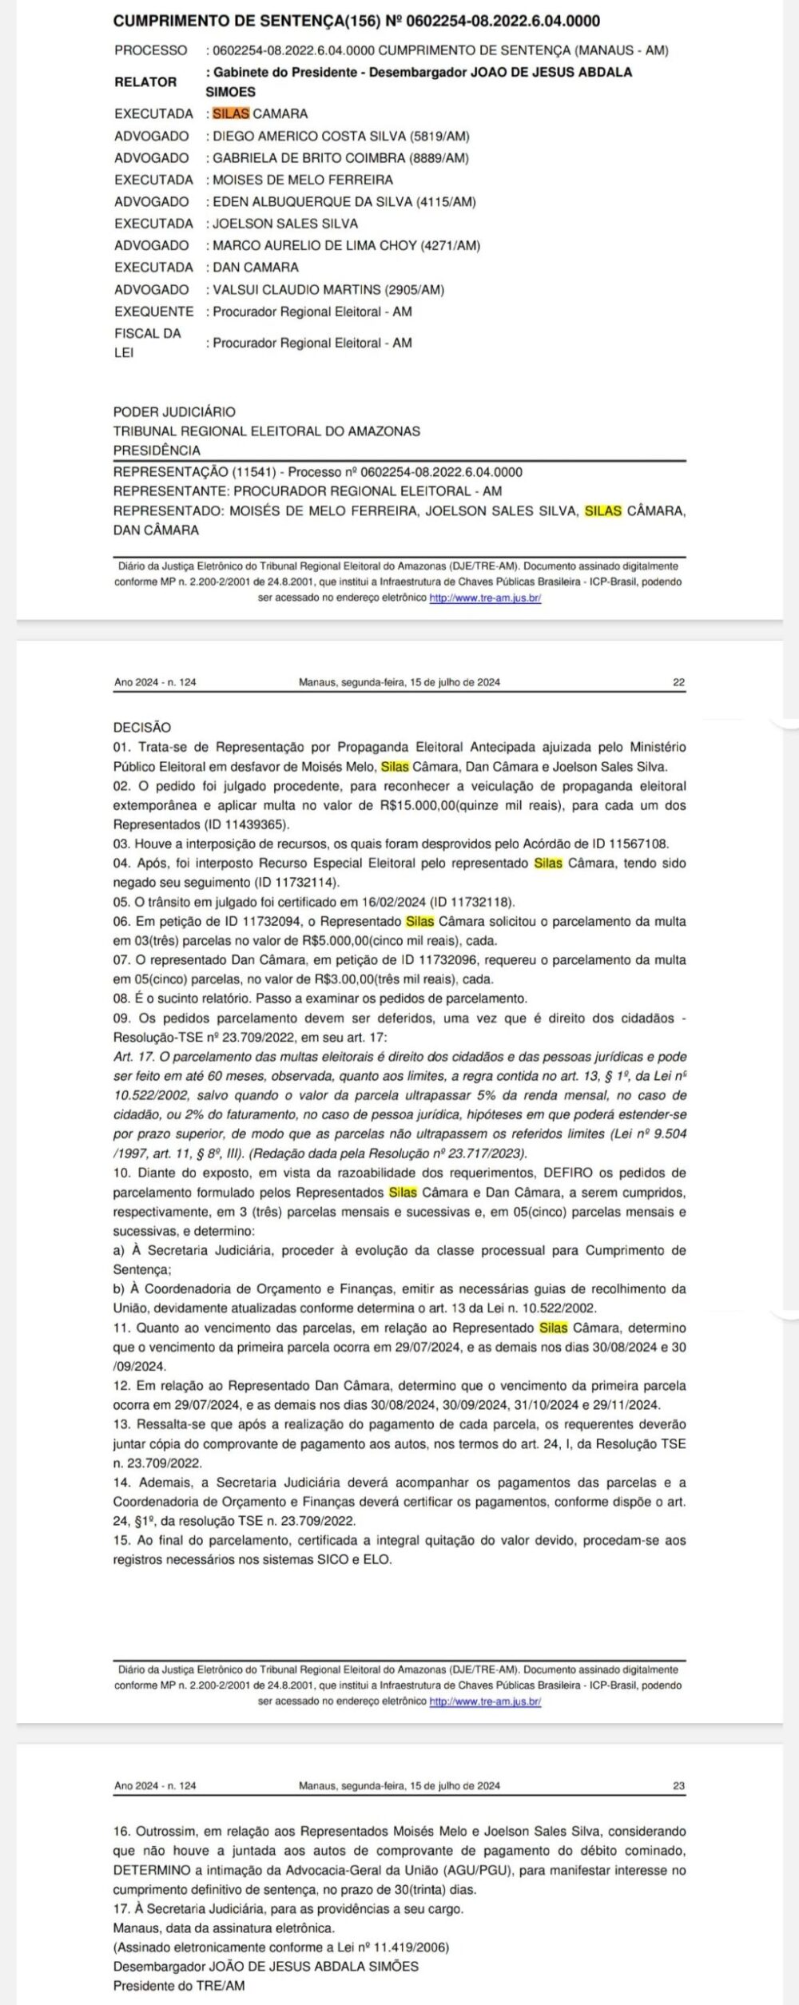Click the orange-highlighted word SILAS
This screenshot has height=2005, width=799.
point(231,113)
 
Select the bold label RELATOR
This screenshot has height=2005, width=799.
point(145,81)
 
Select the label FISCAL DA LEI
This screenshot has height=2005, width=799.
point(147,342)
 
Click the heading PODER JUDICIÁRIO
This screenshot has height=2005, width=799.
point(174,412)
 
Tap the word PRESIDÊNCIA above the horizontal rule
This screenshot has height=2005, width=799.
point(157,451)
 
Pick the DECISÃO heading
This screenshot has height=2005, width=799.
point(142,728)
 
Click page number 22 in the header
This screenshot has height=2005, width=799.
point(679,683)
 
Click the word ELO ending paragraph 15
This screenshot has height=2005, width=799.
point(379,1559)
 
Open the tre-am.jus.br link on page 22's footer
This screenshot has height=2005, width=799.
point(485,1701)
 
